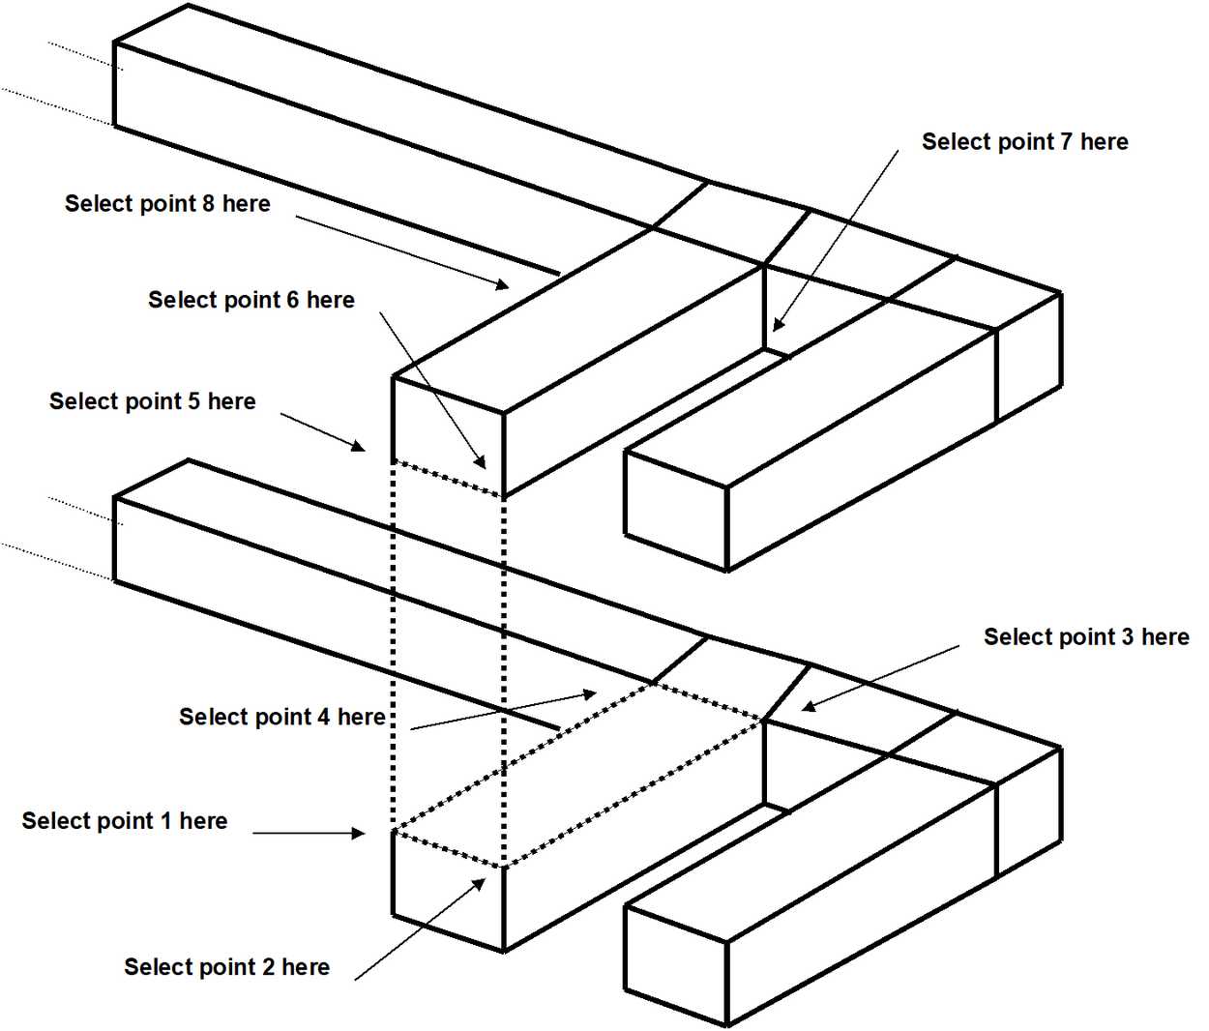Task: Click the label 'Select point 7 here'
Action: point(1024,142)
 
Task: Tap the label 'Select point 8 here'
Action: point(167,204)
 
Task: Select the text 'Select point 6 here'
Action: point(251,301)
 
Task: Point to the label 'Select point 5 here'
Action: point(152,401)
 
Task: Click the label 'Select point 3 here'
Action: point(1086,637)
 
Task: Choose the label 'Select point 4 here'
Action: point(281,717)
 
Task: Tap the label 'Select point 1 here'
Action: point(125,821)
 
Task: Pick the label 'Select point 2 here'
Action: point(226,967)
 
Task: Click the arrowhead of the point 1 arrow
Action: point(360,833)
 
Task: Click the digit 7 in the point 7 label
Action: point(1066,142)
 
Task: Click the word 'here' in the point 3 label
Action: point(1165,637)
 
